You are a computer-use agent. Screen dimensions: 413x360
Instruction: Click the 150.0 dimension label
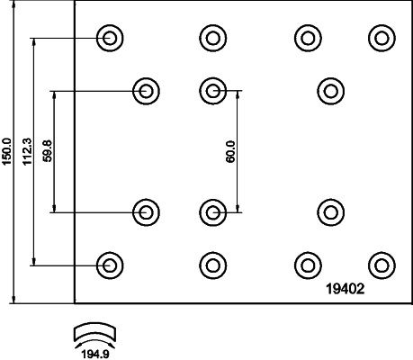tap(6, 151)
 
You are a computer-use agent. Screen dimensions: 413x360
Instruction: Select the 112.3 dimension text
tap(27, 151)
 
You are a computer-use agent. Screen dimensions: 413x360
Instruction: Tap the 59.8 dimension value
tap(48, 151)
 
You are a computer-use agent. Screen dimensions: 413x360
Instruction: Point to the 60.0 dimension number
tap(230, 152)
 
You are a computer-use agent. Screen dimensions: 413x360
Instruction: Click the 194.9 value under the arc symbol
tap(95, 355)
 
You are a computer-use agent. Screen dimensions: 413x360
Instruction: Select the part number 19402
tap(346, 289)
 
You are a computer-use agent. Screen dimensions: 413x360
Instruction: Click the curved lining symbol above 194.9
tap(95, 332)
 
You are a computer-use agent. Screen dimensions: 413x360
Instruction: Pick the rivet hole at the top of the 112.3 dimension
tap(110, 38)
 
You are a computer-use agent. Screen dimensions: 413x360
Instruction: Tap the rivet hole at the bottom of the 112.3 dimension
tap(110, 265)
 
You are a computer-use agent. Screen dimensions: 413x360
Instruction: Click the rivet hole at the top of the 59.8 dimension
tap(146, 91)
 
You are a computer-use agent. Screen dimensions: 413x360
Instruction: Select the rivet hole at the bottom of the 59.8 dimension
tap(146, 212)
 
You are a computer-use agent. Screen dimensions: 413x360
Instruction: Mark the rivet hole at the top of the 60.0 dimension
tap(213, 91)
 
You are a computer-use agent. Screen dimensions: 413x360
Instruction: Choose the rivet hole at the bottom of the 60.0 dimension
tap(213, 212)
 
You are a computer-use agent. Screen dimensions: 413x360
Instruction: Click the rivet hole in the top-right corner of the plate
tap(382, 38)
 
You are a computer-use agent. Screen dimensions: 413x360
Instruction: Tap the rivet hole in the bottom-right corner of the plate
tap(382, 265)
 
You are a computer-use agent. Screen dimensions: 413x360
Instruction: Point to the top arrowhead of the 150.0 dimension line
tap(13, 4)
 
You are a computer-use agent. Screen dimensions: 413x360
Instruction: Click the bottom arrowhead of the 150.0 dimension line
tap(13, 299)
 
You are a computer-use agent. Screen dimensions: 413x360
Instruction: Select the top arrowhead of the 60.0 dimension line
tap(238, 94)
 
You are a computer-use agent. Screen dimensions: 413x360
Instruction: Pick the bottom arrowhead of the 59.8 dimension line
tap(54, 208)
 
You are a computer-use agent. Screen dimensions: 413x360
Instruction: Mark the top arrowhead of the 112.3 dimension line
tap(34, 42)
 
